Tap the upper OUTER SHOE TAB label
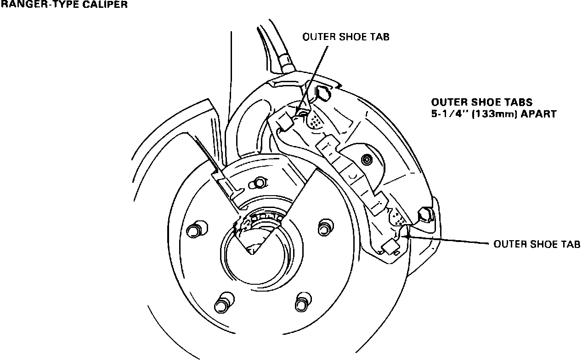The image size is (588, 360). [x=345, y=37]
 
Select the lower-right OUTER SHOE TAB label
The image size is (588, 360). [x=537, y=243]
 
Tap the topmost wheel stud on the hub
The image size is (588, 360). [x=258, y=183]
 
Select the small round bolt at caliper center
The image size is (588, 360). [x=366, y=160]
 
